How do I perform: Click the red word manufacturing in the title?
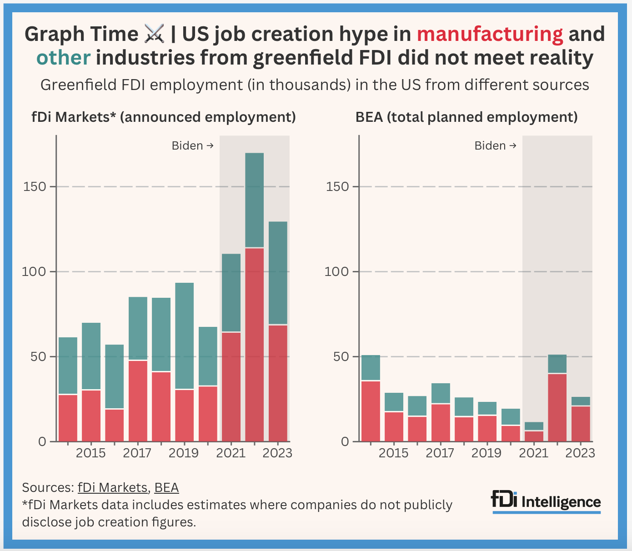(x=490, y=34)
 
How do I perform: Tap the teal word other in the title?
(x=63, y=58)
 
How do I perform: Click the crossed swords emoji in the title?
(x=154, y=34)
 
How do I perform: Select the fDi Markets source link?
(x=112, y=487)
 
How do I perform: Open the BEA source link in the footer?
(x=166, y=487)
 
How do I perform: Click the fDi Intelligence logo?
(x=546, y=501)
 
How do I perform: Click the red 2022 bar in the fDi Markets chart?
(x=255, y=344)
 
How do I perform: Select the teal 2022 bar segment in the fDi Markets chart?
(x=255, y=200)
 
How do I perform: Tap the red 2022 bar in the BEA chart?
(x=557, y=407)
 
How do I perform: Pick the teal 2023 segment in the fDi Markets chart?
(x=278, y=273)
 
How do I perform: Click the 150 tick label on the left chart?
(x=35, y=187)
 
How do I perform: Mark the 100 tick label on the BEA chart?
(x=338, y=272)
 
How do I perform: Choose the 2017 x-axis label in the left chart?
(x=137, y=453)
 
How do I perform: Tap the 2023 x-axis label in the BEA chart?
(x=581, y=453)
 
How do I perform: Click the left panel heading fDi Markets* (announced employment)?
(x=163, y=117)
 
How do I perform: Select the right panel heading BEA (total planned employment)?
(x=466, y=117)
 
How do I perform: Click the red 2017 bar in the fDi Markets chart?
(x=138, y=401)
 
